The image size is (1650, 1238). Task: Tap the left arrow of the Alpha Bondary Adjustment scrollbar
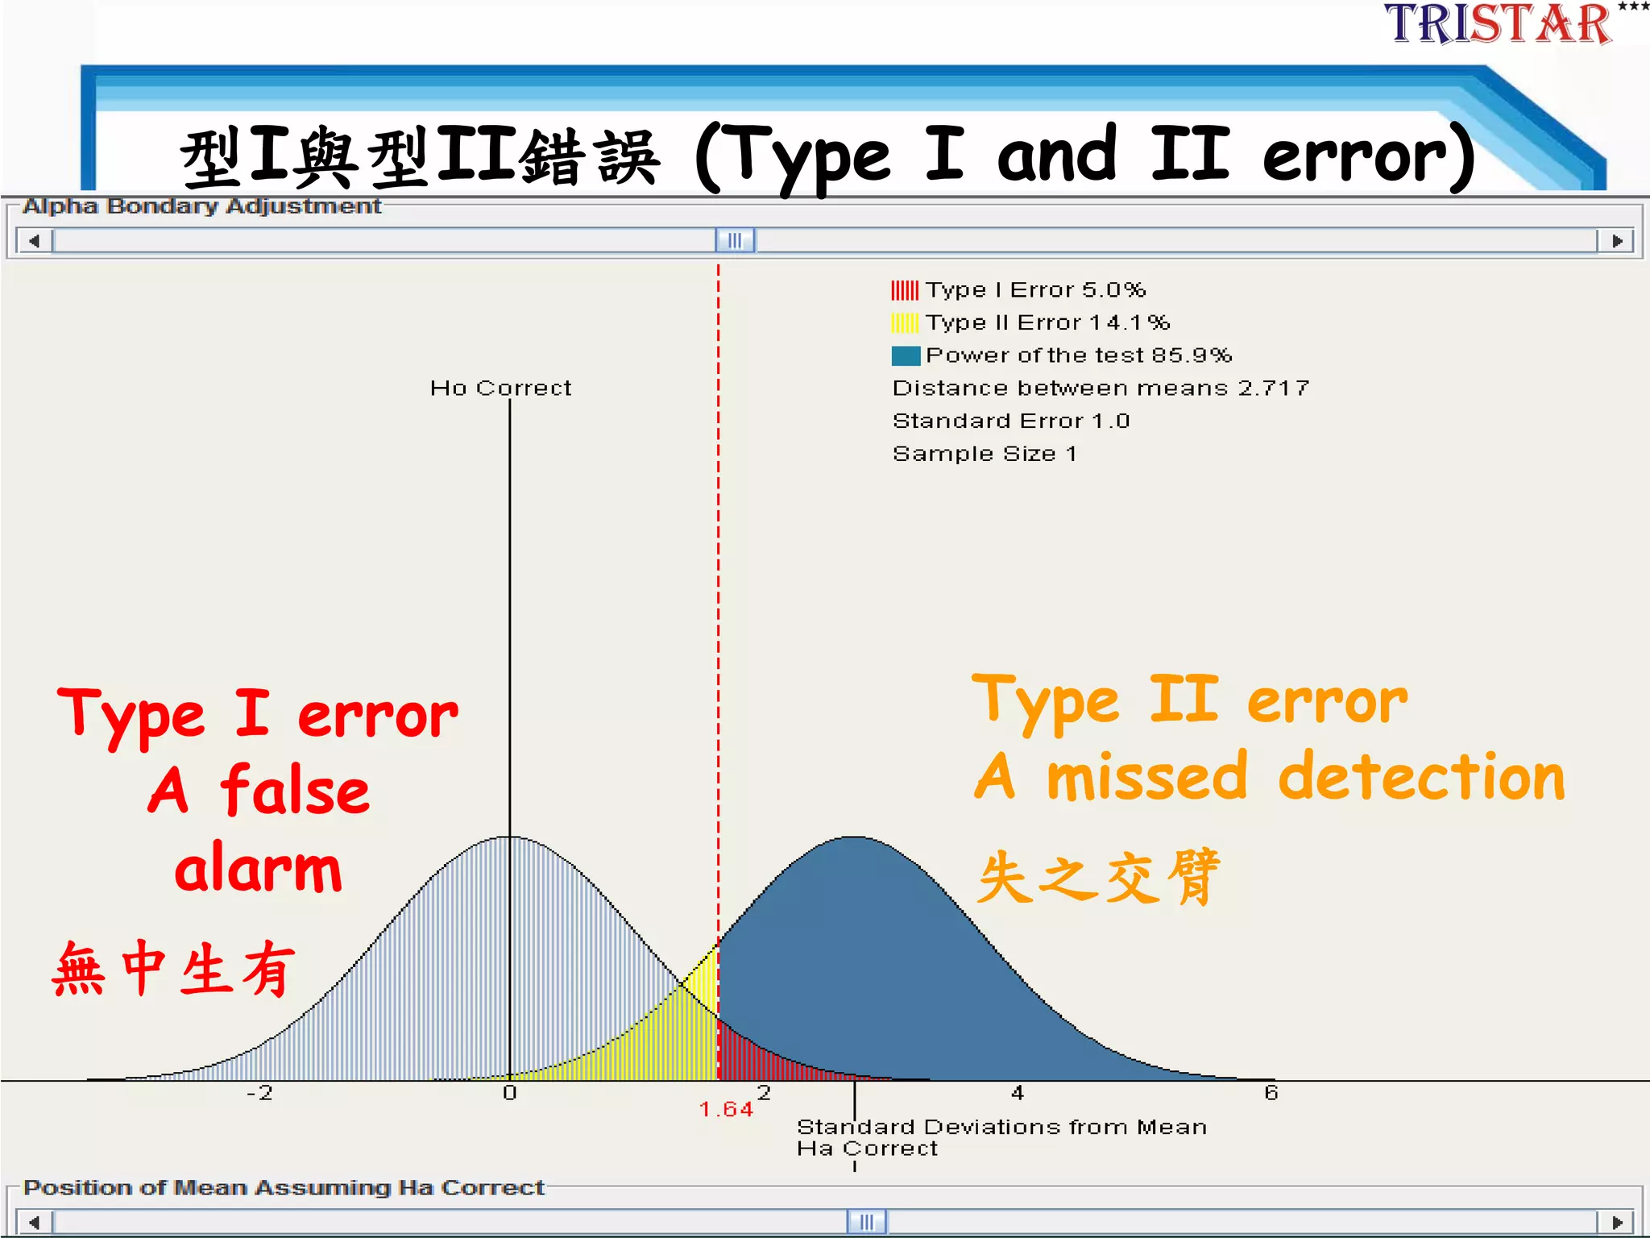pyautogui.click(x=34, y=241)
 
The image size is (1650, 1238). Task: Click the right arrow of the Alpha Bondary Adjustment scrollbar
pyautogui.click(x=1616, y=241)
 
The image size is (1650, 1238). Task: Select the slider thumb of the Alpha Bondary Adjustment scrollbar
pyautogui.click(x=735, y=241)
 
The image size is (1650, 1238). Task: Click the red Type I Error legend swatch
pyautogui.click(x=905, y=290)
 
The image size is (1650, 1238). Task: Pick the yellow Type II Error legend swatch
pyautogui.click(x=905, y=323)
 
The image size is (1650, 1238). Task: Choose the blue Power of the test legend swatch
pyautogui.click(x=906, y=355)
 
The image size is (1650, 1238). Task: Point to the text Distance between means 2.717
pyautogui.click(x=1101, y=388)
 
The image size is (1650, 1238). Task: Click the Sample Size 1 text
pyautogui.click(x=985, y=454)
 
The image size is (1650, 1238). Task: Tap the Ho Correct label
pyautogui.click(x=500, y=388)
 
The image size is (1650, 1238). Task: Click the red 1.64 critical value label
pyautogui.click(x=726, y=1110)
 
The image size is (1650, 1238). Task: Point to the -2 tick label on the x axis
pyautogui.click(x=259, y=1093)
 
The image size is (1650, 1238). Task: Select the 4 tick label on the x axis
pyautogui.click(x=1018, y=1093)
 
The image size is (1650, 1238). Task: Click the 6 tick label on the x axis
pyautogui.click(x=1271, y=1093)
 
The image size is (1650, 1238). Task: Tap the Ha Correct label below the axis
pyautogui.click(x=867, y=1149)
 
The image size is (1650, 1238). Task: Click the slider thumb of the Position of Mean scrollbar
pyautogui.click(x=867, y=1222)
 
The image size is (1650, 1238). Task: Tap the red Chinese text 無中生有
pyautogui.click(x=173, y=969)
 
